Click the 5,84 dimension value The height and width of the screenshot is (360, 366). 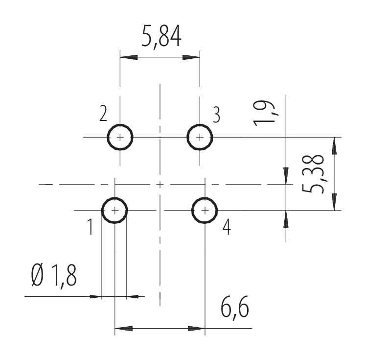click(x=161, y=37)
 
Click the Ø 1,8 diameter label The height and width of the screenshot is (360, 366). click(x=54, y=276)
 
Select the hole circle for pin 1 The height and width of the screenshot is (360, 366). click(x=114, y=211)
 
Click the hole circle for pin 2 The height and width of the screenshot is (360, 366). click(x=120, y=137)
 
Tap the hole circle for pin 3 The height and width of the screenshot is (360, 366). click(x=200, y=137)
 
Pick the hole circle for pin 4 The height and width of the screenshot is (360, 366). click(x=205, y=211)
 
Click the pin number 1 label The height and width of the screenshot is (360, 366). click(x=91, y=227)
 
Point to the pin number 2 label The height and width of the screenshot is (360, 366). click(x=103, y=113)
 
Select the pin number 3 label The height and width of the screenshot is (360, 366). click(x=217, y=115)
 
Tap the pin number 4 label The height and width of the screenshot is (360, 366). click(x=227, y=228)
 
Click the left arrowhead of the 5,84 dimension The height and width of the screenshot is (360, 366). click(x=129, y=57)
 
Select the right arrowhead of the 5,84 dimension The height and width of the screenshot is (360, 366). click(x=191, y=57)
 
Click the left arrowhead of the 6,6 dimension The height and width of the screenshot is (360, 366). click(x=123, y=329)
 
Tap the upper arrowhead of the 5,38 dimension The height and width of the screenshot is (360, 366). click(x=334, y=146)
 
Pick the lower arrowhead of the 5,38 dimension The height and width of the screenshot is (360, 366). click(x=334, y=202)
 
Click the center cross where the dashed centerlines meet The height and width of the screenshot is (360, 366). click(x=160, y=185)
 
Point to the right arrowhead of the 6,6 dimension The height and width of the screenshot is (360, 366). click(x=196, y=329)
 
